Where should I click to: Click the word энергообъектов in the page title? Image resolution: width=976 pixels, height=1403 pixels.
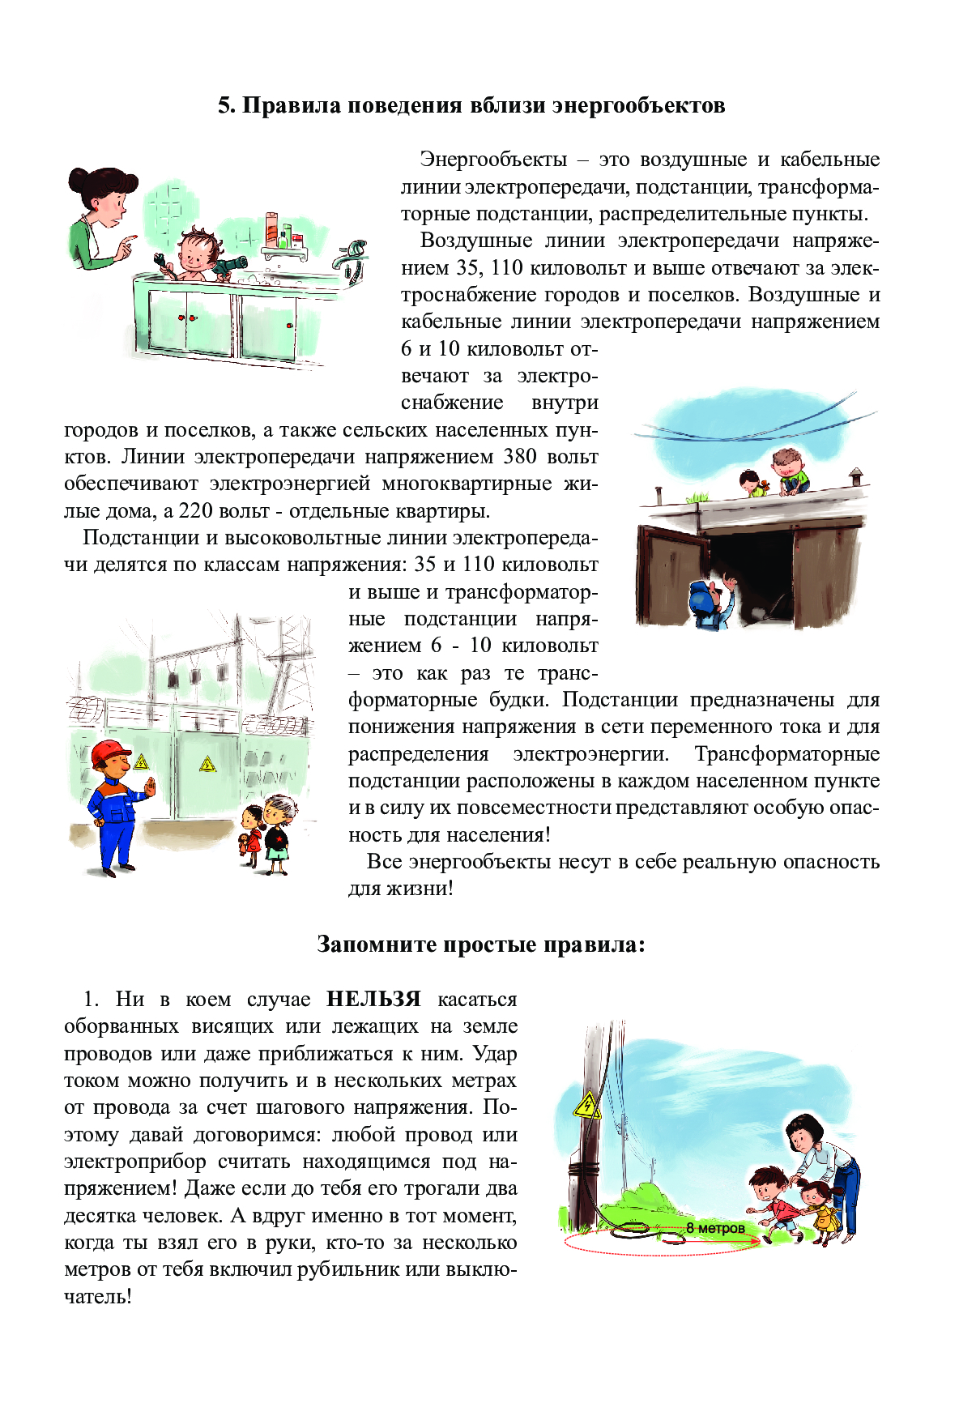click(x=638, y=105)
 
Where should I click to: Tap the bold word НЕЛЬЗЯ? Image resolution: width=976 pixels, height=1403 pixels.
click(x=373, y=999)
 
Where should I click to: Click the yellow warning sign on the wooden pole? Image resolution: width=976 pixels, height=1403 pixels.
click(x=586, y=1107)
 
